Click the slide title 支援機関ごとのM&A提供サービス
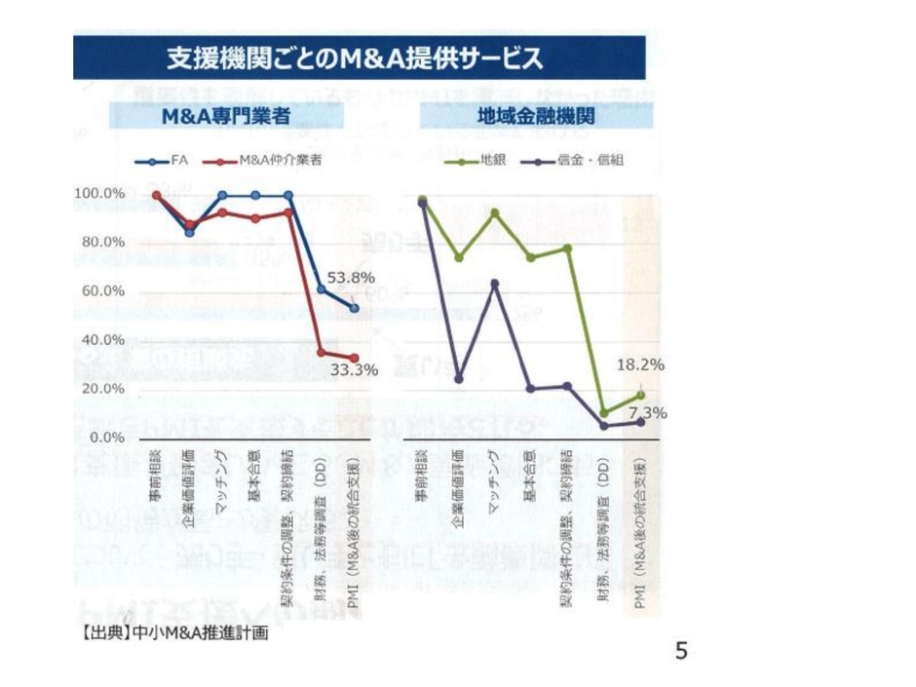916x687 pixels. point(355,58)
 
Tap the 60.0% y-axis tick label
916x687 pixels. point(101,290)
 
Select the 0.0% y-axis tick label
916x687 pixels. point(105,438)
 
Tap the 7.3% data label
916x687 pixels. point(643,412)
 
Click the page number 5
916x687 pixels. point(681,650)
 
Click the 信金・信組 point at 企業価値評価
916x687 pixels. point(458,377)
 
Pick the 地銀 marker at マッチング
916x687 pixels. point(494,212)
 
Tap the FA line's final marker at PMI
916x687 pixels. point(355,308)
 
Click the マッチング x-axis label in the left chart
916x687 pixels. point(222,477)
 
